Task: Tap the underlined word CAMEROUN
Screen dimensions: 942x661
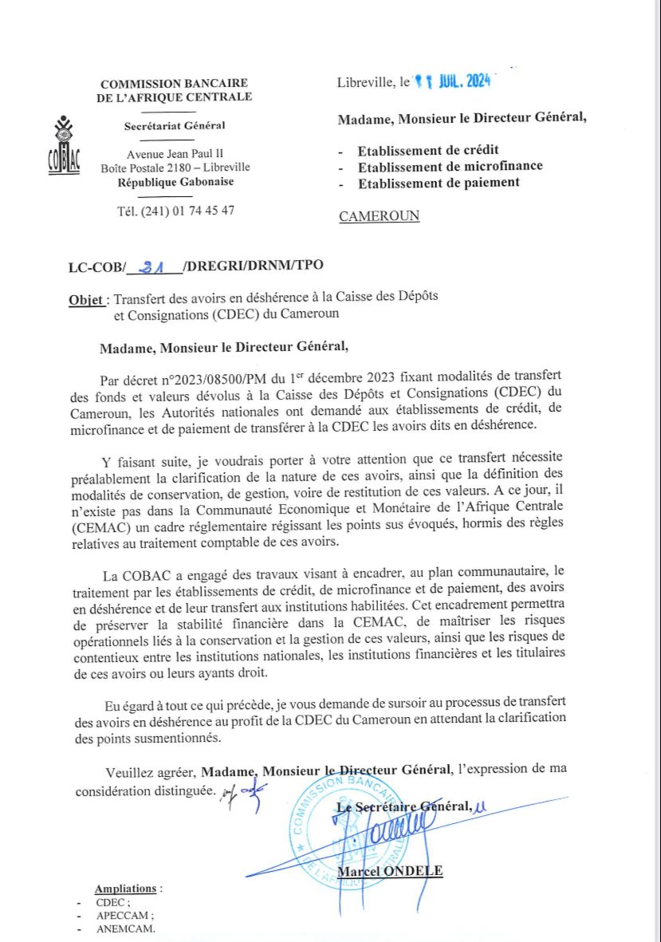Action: click(379, 216)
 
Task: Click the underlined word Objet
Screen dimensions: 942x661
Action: click(86, 300)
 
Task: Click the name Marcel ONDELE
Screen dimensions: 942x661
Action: click(390, 871)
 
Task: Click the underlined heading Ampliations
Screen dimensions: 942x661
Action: click(125, 889)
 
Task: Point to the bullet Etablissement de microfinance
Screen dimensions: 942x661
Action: click(450, 166)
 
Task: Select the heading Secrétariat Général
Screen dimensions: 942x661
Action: click(175, 125)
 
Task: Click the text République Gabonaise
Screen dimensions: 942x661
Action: click(175, 182)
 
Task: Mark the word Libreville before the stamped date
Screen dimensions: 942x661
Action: click(365, 82)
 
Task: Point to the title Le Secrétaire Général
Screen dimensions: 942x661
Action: click(403, 806)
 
